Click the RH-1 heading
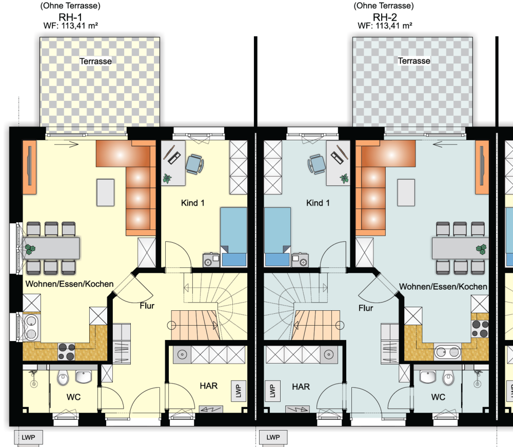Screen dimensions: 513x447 tap(70, 17)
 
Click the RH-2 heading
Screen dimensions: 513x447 tap(385, 17)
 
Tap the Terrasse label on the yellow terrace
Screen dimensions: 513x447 tap(95, 61)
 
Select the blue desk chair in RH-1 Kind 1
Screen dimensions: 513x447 tap(194, 164)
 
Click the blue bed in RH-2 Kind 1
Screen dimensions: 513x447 tap(278, 237)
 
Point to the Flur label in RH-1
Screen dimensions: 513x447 tap(147, 306)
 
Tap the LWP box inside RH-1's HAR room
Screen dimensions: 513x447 tap(239, 391)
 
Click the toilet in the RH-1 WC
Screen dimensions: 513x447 tap(63, 377)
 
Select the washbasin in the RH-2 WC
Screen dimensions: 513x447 tap(428, 376)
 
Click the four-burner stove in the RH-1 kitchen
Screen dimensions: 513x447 tap(66, 351)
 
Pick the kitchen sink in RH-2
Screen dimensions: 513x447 tap(447, 352)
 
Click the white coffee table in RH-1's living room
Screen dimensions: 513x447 tap(105, 193)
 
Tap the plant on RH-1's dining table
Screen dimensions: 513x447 tap(30, 249)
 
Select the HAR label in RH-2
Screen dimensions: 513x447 tap(301, 387)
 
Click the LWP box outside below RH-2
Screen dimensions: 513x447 tap(273, 437)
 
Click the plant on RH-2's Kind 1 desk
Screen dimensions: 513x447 tap(344, 179)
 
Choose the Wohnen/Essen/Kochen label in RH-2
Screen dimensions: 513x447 tap(443, 286)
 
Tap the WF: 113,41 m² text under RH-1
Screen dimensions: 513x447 tap(71, 26)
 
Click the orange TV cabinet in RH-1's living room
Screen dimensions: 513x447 tap(29, 167)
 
